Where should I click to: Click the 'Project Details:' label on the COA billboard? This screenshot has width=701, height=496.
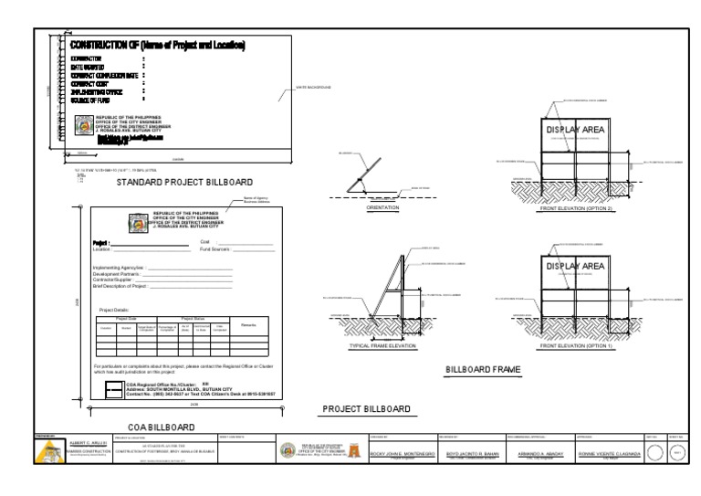pyautogui.click(x=116, y=310)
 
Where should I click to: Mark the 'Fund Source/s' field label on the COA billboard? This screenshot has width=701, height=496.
pyautogui.click(x=215, y=248)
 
